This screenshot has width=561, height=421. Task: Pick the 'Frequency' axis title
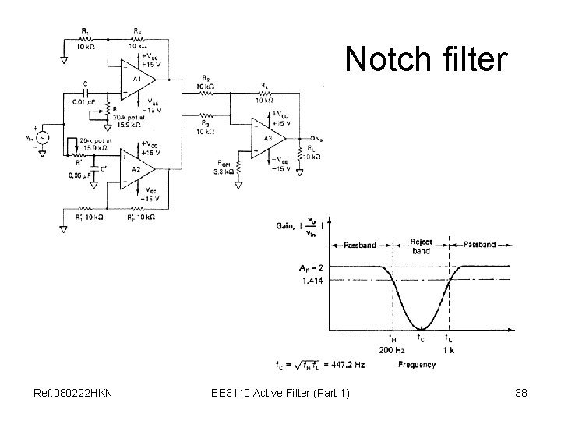(418, 363)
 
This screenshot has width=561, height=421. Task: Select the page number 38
(520, 393)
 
